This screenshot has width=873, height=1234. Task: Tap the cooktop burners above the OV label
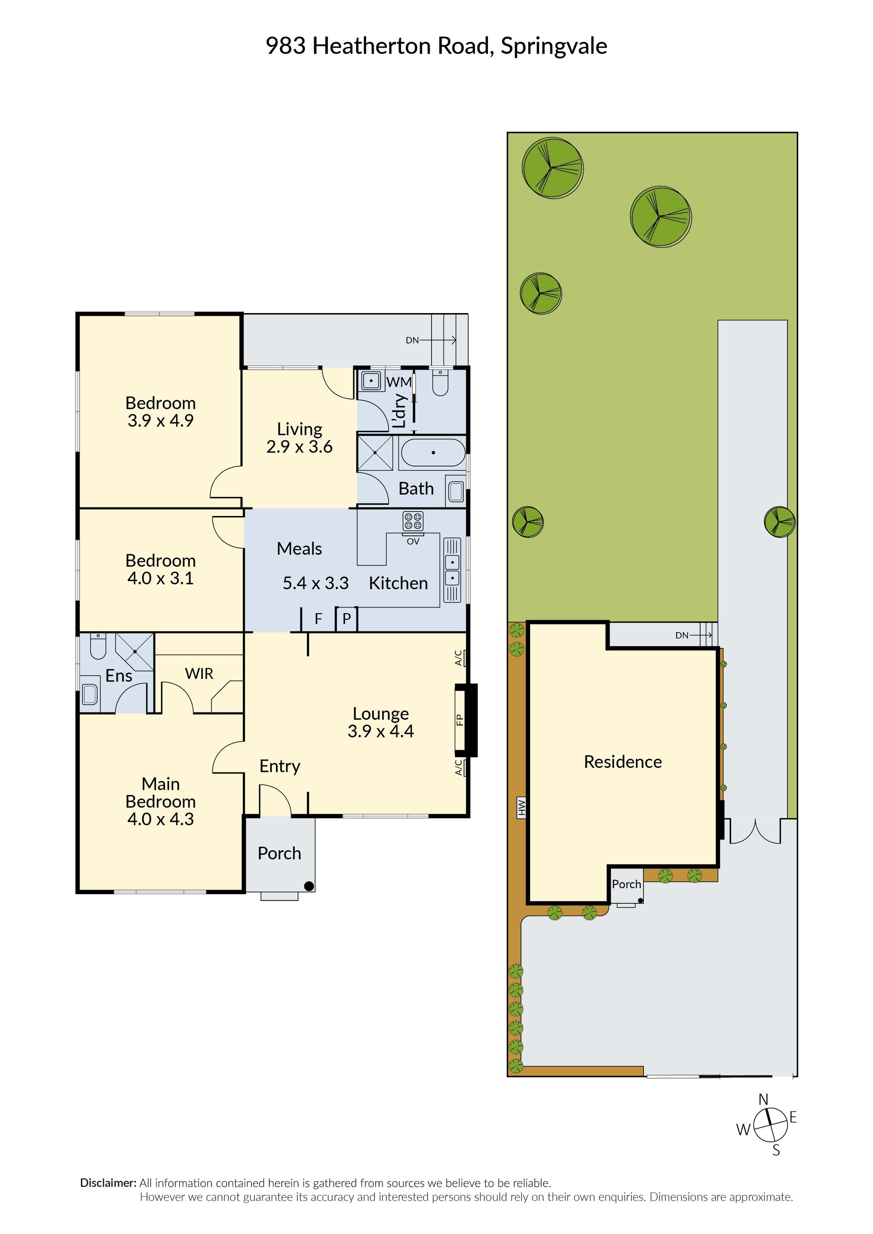(x=413, y=520)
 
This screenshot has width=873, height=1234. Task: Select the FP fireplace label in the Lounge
(x=460, y=719)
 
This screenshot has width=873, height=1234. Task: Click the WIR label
(x=199, y=673)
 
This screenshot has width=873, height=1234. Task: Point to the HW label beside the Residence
(x=521, y=807)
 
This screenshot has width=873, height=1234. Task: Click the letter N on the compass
(x=763, y=1100)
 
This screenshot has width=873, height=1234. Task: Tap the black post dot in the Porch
(x=309, y=886)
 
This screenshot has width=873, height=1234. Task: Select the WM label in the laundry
(x=399, y=382)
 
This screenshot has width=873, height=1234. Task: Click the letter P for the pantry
(x=346, y=619)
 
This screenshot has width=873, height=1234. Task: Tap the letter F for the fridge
(x=318, y=619)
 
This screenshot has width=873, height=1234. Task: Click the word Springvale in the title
(x=554, y=47)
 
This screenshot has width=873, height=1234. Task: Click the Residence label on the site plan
(x=623, y=761)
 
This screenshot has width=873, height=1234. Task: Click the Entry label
(x=280, y=766)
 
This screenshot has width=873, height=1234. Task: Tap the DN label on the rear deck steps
(x=412, y=340)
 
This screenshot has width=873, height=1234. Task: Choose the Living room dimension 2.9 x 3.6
(x=299, y=447)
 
